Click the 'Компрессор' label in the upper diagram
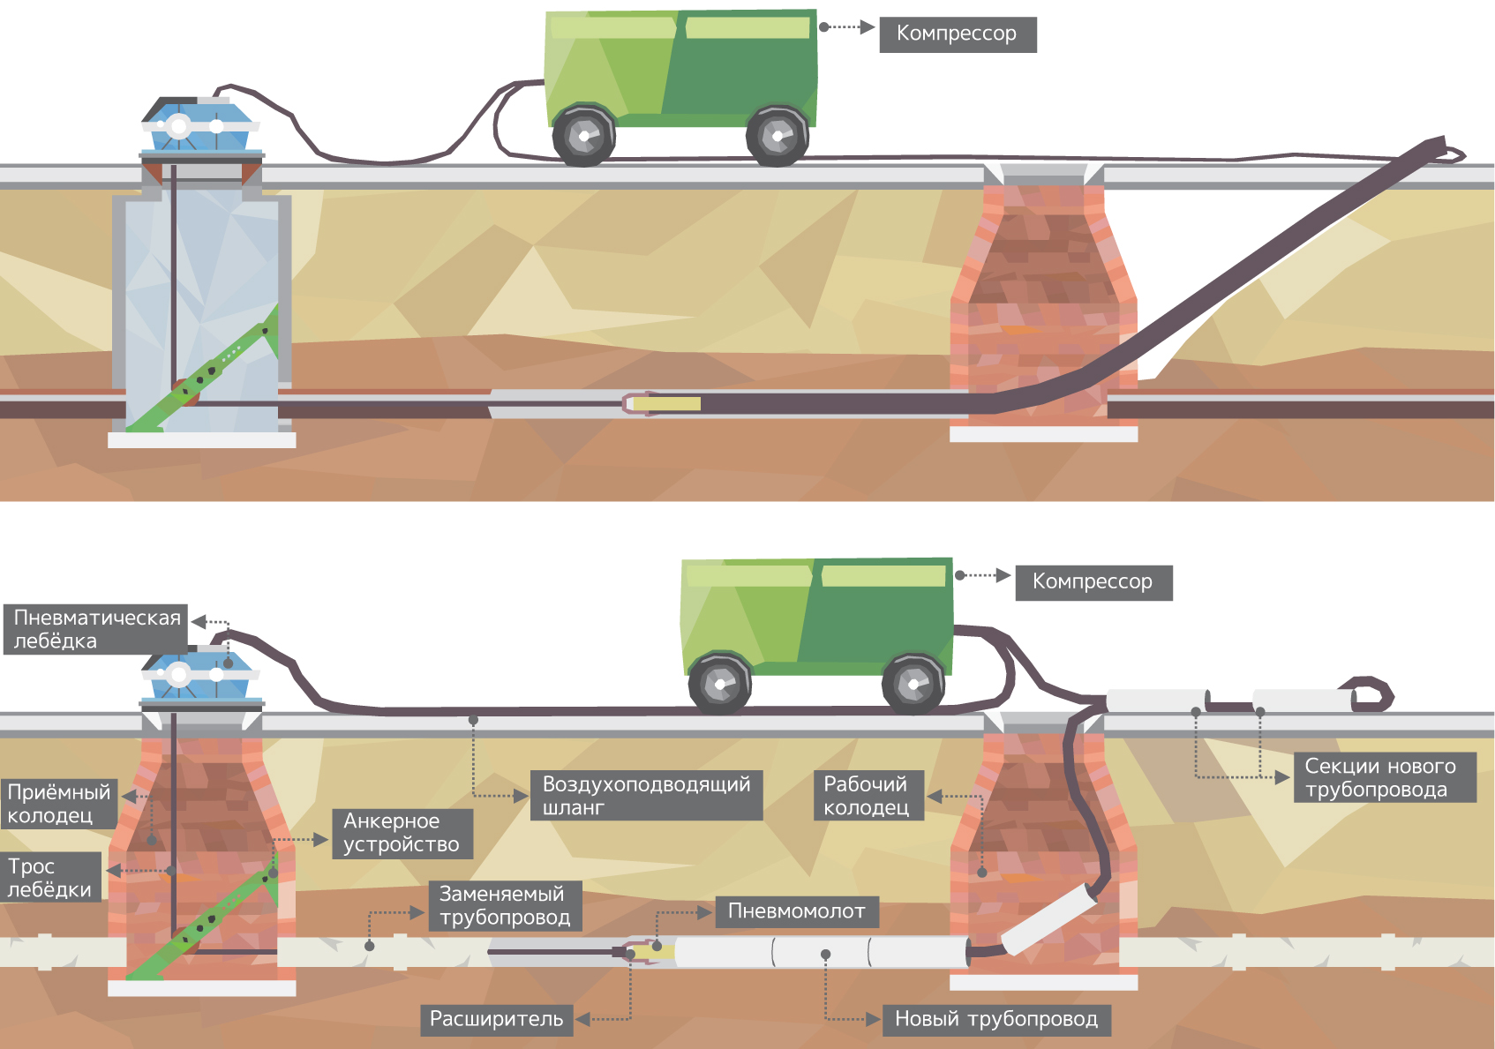958,34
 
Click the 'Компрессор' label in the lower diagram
1093,582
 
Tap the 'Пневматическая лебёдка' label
96,629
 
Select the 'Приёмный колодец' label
59,803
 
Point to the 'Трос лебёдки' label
50,877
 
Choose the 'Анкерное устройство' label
402,833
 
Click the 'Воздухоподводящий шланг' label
646,796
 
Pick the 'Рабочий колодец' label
868,796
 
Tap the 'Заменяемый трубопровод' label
505,906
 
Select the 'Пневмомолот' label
796,911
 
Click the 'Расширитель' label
496,1019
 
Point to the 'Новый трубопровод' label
996,1020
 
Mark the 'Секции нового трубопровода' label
1384,777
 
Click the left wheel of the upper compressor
583,136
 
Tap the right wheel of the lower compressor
913,684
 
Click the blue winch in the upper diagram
201,124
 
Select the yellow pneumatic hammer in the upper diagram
666,404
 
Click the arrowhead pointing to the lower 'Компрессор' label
1003,575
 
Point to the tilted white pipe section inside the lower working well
1049,918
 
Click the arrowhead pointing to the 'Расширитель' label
582,1020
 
